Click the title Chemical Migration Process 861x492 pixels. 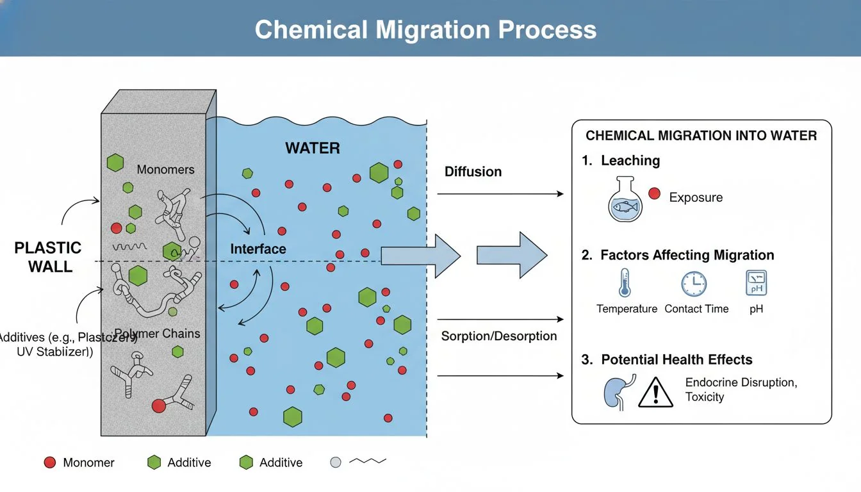click(425, 29)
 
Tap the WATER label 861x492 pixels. click(313, 148)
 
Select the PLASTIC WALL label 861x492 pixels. click(49, 257)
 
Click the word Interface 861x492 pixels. click(258, 249)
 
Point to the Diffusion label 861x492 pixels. click(473, 172)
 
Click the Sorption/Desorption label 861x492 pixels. click(499, 336)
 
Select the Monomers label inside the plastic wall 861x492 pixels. click(165, 170)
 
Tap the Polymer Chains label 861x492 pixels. click(158, 334)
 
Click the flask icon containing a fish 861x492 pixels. click(624, 201)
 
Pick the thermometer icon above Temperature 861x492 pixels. click(625, 283)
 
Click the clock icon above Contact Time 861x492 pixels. click(694, 283)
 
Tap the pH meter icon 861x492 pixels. click(756, 283)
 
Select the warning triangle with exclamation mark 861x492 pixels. click(655, 391)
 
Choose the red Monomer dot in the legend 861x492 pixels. click(50, 463)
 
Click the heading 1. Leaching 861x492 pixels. click(621, 161)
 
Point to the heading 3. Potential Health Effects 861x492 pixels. click(666, 359)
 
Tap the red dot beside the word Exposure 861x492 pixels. click(654, 193)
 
